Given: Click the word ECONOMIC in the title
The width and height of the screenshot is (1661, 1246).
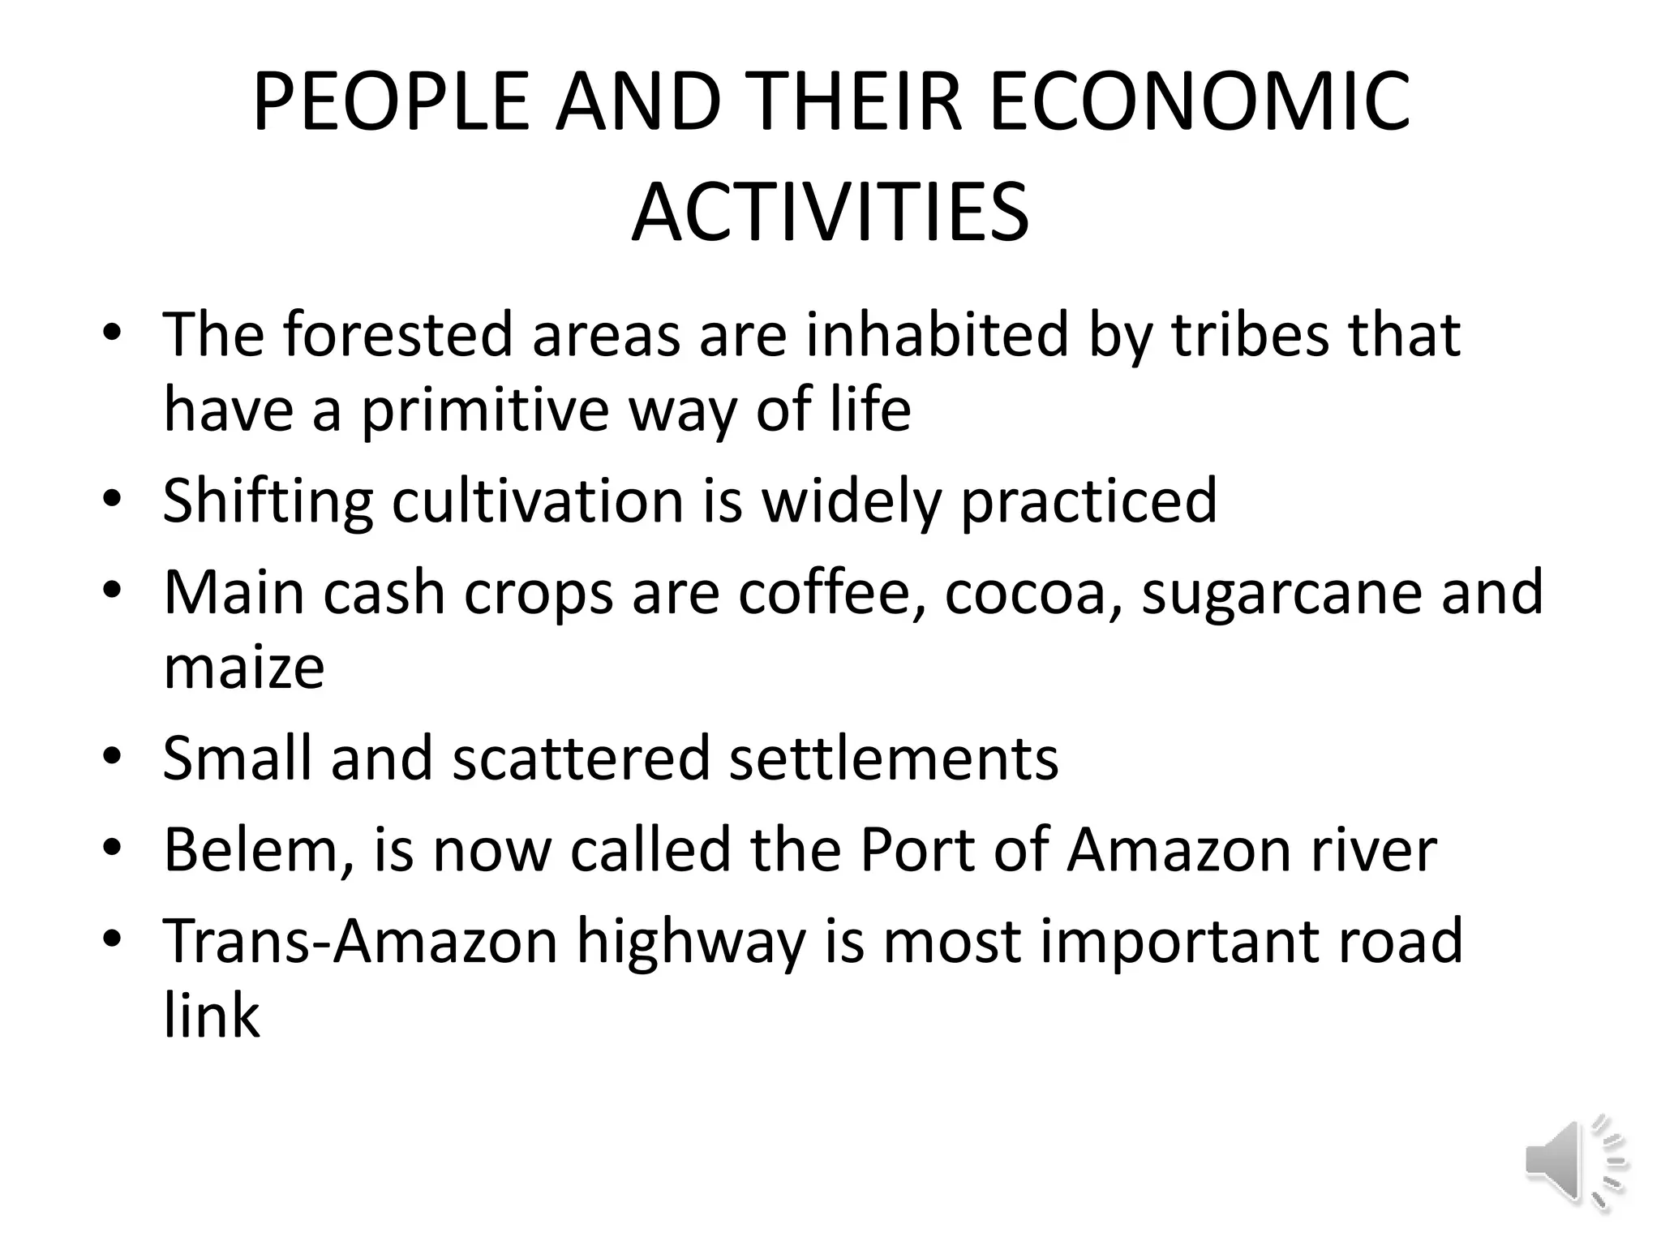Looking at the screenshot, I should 1200,102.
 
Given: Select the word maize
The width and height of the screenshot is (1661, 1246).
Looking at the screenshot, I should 244,668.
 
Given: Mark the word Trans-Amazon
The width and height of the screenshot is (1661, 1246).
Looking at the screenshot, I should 361,941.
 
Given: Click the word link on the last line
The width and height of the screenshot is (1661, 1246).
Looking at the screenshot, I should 212,1016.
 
